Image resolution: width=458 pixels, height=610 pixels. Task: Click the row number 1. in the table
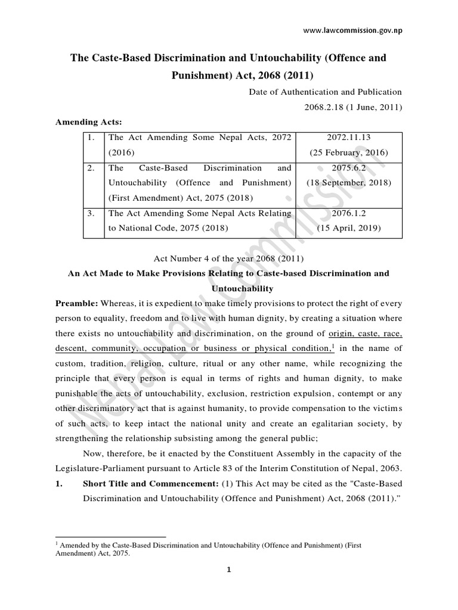click(90, 137)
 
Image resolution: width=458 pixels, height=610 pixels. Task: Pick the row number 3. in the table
click(90, 213)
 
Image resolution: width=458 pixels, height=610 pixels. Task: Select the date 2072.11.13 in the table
click(349, 137)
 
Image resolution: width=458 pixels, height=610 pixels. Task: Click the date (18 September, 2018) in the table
click(349, 182)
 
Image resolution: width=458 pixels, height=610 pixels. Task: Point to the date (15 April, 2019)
click(349, 228)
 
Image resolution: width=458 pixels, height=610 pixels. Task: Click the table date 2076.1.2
click(349, 213)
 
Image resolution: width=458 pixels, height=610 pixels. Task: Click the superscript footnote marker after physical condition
click(332, 346)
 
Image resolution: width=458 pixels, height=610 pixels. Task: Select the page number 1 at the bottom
click(229, 587)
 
